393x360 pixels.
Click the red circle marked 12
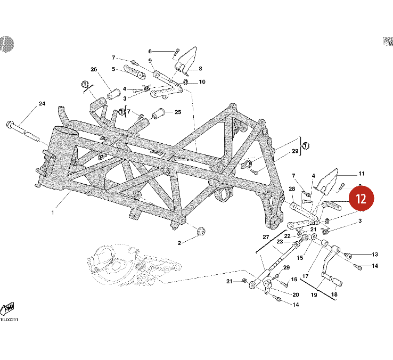pos(362,199)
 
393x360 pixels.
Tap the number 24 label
pos(42,104)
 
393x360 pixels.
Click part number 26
pos(94,70)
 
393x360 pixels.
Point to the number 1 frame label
pos(53,212)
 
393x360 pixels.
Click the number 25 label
pos(178,112)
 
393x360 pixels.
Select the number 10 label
pos(202,82)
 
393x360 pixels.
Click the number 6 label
pos(150,51)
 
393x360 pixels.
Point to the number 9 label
pos(150,61)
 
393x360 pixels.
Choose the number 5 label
pos(113,69)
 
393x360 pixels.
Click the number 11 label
pos(361,174)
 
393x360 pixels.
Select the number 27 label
pos(266,237)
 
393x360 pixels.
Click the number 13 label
pos(374,255)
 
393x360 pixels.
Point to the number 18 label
pos(334,294)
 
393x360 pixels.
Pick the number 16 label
pos(294,279)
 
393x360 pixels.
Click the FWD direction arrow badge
pos(8,308)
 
